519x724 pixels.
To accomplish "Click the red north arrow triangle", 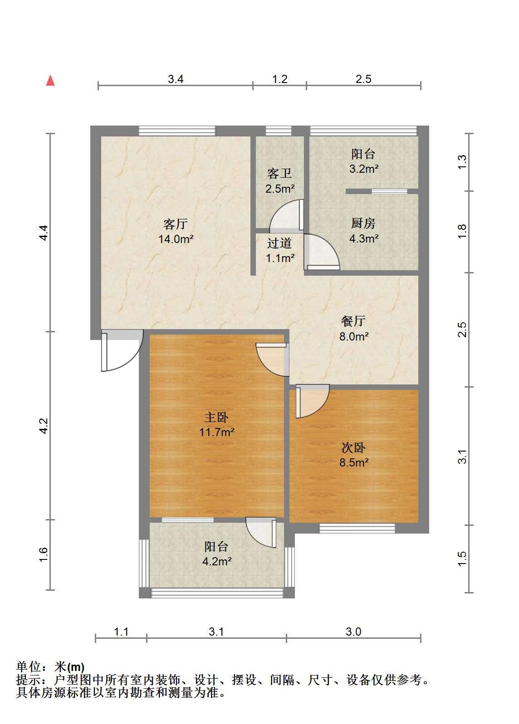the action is point(50,81).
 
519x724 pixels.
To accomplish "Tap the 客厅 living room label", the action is point(176,224).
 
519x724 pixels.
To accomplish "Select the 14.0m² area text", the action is point(176,239).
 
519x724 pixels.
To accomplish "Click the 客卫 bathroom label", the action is point(279,173).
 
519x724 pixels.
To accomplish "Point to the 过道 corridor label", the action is point(279,243).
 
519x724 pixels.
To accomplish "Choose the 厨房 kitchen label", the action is point(363,223).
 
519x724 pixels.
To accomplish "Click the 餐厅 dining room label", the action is point(353,321).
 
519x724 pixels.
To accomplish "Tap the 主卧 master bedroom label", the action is point(216,417).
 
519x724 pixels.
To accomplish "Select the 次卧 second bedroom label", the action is point(353,447).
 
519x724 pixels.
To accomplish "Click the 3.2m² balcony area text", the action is point(363,169).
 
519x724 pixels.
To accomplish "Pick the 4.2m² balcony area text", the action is point(217,561).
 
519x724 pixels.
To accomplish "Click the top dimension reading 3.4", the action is point(176,79).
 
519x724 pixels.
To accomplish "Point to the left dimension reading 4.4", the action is point(44,233).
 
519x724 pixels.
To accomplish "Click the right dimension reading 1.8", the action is point(462,231).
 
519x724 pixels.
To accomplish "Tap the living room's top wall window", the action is point(177,131).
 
